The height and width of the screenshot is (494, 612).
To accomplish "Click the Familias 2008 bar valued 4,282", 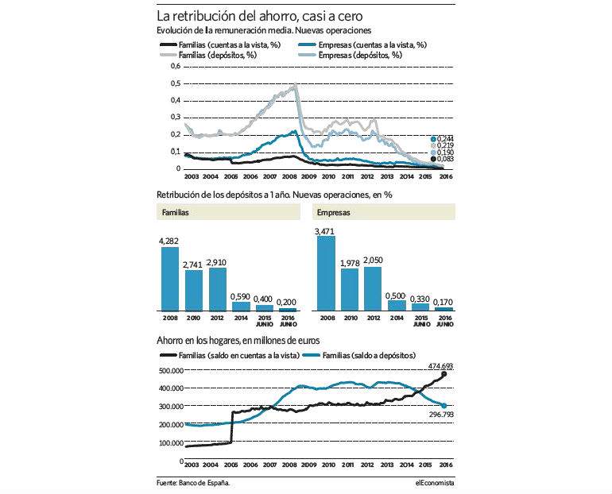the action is [x=170, y=279].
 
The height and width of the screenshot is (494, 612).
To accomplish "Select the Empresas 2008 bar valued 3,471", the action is [x=326, y=273].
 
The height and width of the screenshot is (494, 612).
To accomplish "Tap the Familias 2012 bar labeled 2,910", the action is [x=218, y=289].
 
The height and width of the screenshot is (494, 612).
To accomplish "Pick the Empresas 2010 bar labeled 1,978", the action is [x=350, y=290].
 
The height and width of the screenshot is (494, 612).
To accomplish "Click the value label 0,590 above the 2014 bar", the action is [x=240, y=296].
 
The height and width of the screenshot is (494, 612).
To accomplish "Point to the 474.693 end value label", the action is [x=440, y=366].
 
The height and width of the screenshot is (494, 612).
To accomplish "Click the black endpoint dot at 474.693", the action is [x=444, y=374].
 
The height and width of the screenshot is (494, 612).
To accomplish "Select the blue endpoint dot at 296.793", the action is [x=444, y=406].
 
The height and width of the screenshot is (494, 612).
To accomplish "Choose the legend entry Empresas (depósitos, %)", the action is [x=350, y=55].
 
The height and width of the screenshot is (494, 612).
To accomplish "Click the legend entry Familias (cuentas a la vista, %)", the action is [x=220, y=44].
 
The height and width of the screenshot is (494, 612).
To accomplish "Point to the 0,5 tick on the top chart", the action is [x=176, y=83].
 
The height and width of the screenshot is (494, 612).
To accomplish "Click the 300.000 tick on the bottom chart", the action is [x=171, y=407].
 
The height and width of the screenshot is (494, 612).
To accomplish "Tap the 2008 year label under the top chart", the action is [x=289, y=176].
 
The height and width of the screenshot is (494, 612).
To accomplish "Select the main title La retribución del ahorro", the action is [x=260, y=16].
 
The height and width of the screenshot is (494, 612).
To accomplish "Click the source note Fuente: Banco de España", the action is [x=193, y=483].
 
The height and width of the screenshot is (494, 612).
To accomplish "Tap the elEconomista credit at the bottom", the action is [x=435, y=483].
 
